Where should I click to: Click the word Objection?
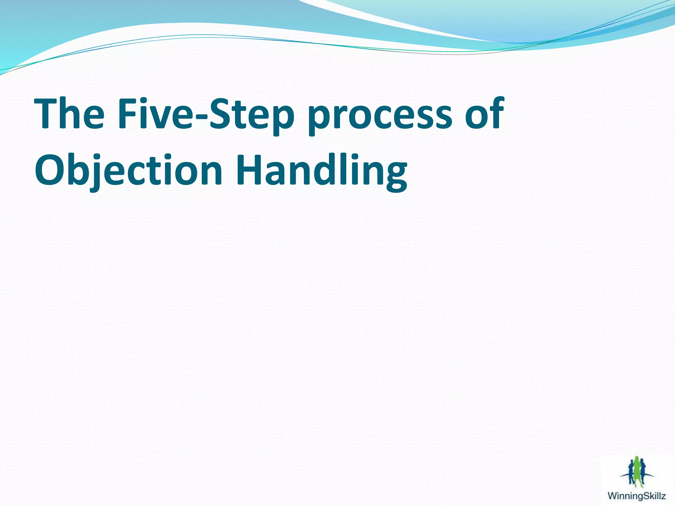(129, 171)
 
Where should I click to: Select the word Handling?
(321, 171)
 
